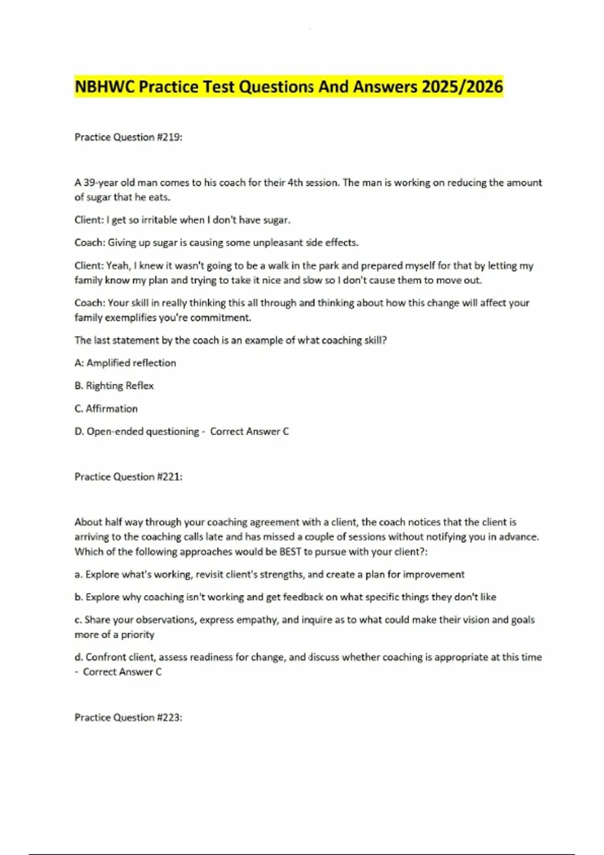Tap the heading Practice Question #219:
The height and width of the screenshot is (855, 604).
point(128,137)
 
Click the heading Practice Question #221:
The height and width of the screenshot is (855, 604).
point(128,477)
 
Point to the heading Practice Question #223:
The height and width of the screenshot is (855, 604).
point(128,718)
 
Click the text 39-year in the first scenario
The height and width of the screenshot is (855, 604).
point(101,183)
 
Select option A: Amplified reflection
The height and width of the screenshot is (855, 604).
point(125,363)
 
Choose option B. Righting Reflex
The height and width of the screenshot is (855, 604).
point(114,386)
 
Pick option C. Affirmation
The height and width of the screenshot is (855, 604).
point(106,409)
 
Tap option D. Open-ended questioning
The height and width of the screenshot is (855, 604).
point(137,432)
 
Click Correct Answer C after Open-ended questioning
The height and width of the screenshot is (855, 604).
point(249,432)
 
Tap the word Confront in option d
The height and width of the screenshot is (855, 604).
point(104,657)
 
